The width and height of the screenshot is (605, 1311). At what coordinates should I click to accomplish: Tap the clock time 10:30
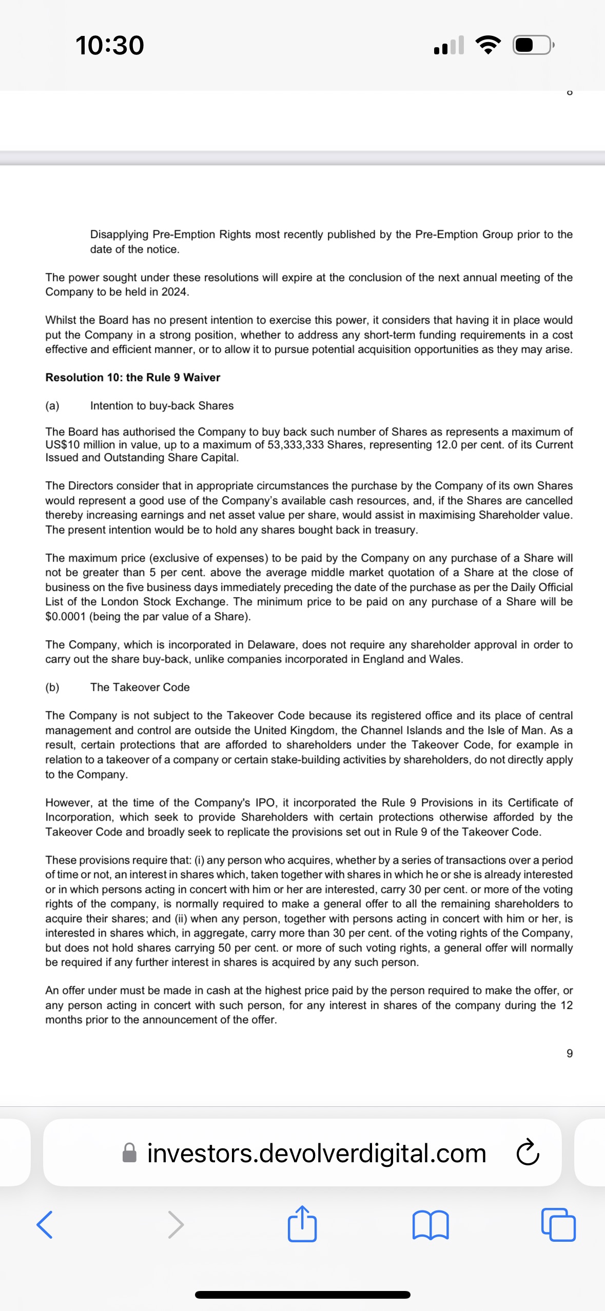(x=110, y=45)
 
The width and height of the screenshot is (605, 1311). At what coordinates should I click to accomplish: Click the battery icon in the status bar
(x=533, y=46)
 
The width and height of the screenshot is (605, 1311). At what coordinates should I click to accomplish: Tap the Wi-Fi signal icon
(x=489, y=46)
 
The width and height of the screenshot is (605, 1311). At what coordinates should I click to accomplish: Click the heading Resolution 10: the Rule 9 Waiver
(x=132, y=378)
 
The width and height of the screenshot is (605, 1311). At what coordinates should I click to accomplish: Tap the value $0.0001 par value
(x=65, y=617)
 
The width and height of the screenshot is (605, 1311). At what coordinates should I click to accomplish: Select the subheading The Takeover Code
(x=140, y=687)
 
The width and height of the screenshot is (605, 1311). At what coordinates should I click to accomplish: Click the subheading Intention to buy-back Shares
(x=162, y=406)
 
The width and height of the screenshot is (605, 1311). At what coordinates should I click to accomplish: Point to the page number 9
(x=569, y=1054)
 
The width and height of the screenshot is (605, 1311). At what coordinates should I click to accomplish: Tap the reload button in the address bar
(x=528, y=1153)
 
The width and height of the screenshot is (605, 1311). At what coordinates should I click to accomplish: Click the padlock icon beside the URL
(x=130, y=1153)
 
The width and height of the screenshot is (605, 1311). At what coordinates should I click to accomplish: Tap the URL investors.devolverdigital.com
(x=316, y=1153)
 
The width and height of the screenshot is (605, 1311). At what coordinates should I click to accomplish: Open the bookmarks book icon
(x=431, y=1225)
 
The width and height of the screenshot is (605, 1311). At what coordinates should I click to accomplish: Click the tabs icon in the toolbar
(x=558, y=1225)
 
